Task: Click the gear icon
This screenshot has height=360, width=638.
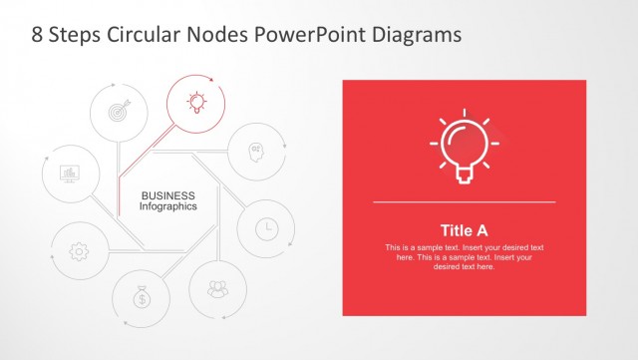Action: [x=79, y=251]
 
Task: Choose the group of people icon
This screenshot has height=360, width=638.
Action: [x=216, y=290]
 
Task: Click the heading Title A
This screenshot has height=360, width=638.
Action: [x=464, y=229]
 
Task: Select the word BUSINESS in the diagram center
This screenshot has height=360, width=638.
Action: [x=167, y=195]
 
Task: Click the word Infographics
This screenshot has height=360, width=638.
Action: [x=167, y=206]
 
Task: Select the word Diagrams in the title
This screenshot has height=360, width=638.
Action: [x=414, y=35]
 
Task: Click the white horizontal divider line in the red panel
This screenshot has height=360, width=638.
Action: [x=464, y=202]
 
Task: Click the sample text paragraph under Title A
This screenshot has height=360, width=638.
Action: [x=464, y=256]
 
